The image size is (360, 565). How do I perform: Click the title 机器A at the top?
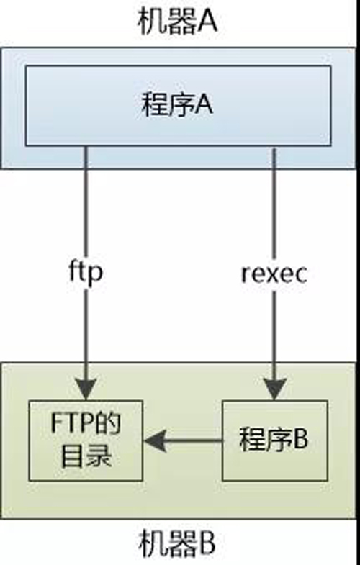tap(177, 22)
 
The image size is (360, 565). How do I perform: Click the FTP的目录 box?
tap(86, 440)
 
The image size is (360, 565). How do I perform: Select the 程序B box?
tap(274, 440)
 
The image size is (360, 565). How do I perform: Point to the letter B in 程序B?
tap(299, 440)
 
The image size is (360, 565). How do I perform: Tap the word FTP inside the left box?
tap(69, 423)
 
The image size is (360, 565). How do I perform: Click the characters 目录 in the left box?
tap(86, 456)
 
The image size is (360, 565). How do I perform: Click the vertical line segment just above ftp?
tap(86, 209)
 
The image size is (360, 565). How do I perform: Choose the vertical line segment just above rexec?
tap(274, 209)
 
